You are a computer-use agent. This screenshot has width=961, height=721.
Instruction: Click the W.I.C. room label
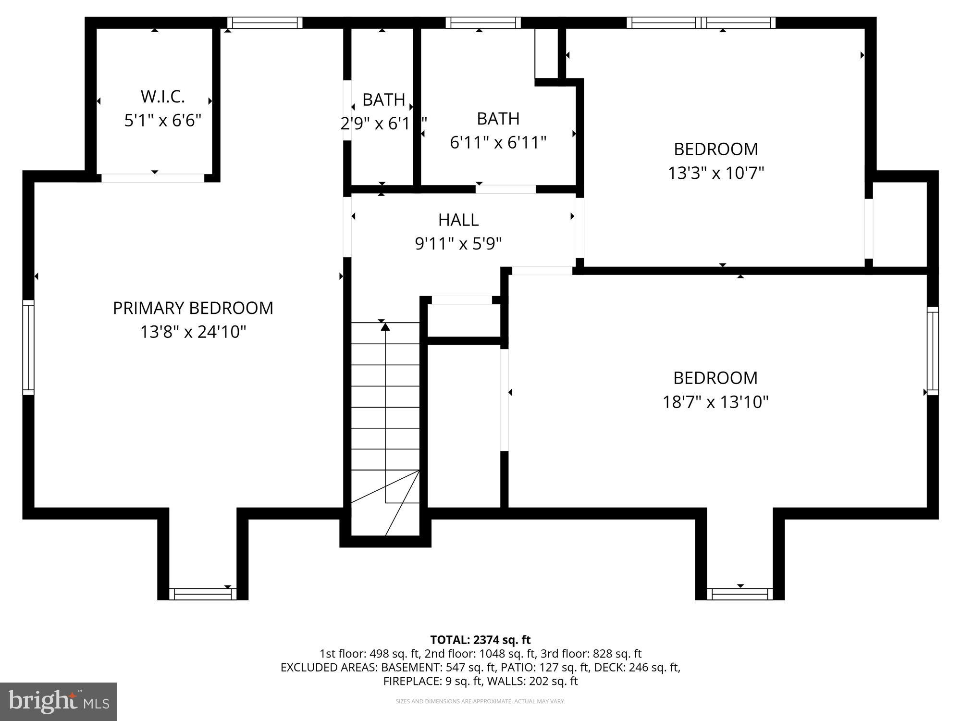[x=162, y=97]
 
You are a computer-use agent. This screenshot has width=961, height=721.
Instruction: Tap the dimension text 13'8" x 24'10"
[x=193, y=332]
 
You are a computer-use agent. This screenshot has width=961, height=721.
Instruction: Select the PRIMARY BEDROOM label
[x=193, y=308]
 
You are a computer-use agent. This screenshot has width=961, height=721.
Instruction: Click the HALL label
[x=458, y=220]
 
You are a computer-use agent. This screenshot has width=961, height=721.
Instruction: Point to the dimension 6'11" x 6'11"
[x=498, y=142]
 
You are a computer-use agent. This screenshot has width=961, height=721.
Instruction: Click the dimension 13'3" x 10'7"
[x=716, y=173]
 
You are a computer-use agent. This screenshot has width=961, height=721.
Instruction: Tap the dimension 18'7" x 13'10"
[x=715, y=401]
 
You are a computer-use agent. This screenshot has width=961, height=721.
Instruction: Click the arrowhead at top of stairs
[x=385, y=327]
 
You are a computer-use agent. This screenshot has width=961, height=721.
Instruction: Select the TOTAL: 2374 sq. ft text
[x=480, y=640]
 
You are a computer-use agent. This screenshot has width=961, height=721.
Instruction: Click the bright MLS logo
[x=59, y=701]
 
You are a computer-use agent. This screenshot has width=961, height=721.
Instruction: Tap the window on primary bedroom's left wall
[x=28, y=348]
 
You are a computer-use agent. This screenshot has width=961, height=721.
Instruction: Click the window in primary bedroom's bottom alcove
[x=202, y=594]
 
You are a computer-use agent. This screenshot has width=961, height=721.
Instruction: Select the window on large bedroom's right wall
[x=932, y=351]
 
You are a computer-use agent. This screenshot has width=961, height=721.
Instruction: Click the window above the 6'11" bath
[x=483, y=23]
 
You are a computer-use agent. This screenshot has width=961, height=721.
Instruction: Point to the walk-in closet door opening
[x=153, y=177]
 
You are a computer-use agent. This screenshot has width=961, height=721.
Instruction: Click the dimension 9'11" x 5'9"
[x=458, y=244]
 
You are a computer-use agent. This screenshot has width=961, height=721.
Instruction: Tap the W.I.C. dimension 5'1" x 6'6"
[x=162, y=120]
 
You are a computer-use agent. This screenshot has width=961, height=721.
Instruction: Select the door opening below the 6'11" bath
[x=505, y=189]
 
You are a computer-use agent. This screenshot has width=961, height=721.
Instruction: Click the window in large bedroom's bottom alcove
[x=740, y=594]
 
